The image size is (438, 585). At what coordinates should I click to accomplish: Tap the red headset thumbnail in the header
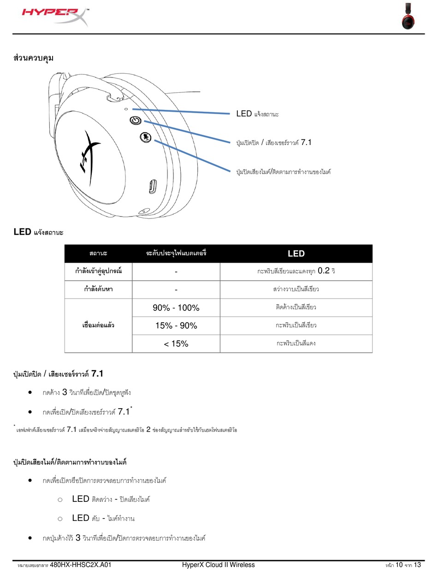[408, 17]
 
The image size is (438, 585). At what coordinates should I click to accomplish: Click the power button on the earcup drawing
[135, 121]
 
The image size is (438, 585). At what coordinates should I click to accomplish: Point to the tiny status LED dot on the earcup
[127, 109]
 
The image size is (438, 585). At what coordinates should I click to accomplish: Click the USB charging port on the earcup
[153, 187]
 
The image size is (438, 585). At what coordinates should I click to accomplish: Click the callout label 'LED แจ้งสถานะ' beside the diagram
[257, 114]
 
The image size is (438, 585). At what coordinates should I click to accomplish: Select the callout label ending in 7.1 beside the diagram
[274, 143]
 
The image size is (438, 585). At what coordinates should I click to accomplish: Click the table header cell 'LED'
[296, 253]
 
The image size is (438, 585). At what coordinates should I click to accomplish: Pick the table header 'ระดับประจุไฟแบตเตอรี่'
[176, 253]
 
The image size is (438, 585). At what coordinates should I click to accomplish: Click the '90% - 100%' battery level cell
[176, 308]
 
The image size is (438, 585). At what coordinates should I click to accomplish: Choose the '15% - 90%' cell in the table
[176, 326]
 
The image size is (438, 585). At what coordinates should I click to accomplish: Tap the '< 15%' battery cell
[176, 344]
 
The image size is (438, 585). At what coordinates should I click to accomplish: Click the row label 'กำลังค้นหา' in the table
[98, 289]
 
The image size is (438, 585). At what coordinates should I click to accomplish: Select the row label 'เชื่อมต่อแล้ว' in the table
[98, 326]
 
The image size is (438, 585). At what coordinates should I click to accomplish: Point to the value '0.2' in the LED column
[323, 271]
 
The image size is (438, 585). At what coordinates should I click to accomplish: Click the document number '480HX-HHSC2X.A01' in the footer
[80, 565]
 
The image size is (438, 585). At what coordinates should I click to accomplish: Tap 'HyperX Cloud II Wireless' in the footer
[219, 565]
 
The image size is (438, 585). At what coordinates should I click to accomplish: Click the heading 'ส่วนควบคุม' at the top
[34, 58]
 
